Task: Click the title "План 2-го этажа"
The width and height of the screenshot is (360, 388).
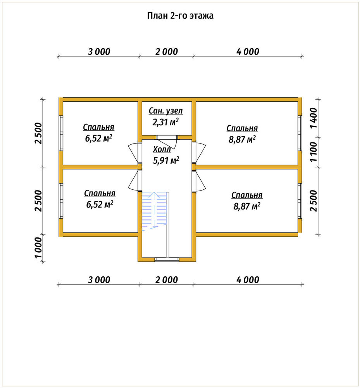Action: click(x=180, y=16)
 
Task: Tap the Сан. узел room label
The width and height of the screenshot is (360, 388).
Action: click(x=165, y=111)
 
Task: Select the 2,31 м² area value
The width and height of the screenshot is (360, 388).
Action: click(x=165, y=122)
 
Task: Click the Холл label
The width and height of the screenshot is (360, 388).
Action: click(x=162, y=149)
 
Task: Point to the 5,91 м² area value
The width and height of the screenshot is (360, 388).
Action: click(x=166, y=160)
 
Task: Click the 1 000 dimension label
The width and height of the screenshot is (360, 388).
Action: click(x=38, y=248)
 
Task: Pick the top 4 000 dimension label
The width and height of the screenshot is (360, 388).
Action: click(x=248, y=52)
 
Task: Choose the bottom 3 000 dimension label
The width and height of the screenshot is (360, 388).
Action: click(x=99, y=280)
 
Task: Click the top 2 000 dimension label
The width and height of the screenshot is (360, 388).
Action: click(x=167, y=52)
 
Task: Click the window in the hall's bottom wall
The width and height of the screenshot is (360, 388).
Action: click(x=167, y=259)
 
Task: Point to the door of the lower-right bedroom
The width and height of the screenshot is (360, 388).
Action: click(x=200, y=181)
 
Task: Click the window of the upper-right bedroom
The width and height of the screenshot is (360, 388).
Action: click(x=300, y=133)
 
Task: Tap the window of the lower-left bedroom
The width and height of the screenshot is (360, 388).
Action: click(x=61, y=201)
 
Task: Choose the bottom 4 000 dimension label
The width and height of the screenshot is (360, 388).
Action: click(x=248, y=280)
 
